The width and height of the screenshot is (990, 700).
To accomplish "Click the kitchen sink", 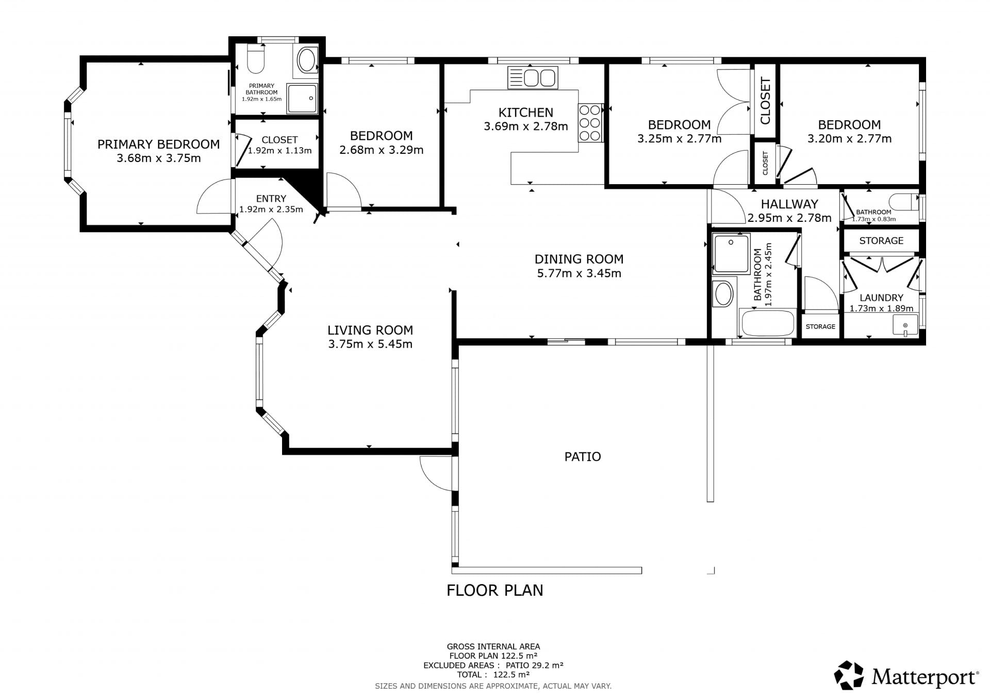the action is coord(533,78).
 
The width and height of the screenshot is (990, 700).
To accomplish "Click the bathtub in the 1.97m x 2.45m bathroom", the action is coord(768,323).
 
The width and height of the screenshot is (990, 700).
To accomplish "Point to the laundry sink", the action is coord(905,325).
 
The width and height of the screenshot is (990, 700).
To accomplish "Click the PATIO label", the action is coord(583,457).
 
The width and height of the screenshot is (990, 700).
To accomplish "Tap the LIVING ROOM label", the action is coord(370,330).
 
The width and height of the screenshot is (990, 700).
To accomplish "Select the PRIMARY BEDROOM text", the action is coord(159,144).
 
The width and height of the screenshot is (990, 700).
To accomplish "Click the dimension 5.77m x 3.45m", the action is coord(579,273).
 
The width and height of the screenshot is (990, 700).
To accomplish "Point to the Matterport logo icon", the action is coord(849,675).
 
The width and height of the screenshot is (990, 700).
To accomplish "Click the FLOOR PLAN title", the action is coord(495,590).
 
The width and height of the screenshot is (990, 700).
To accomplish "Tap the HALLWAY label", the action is coord(789,204).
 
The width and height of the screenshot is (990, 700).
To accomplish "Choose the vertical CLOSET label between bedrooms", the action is coord(765,101).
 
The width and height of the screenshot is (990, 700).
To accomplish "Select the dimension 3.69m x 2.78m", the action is coord(526,126).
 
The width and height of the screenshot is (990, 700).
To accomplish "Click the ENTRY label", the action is coord(271,199).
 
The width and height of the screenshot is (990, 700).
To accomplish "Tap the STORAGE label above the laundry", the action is coord(881,240).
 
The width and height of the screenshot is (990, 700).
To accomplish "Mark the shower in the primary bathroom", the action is coord(303,99).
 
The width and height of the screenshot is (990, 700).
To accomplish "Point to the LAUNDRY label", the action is coord(881,298).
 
